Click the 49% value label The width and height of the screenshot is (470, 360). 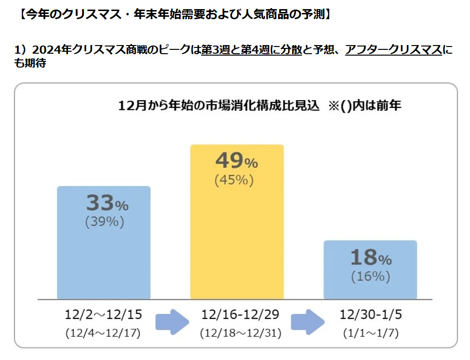pyautogui.click(x=237, y=162)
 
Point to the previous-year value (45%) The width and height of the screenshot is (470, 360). pyautogui.click(x=234, y=180)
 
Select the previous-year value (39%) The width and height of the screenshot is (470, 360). pyautogui.click(x=104, y=222)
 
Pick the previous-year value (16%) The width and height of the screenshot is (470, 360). pyautogui.click(x=370, y=277)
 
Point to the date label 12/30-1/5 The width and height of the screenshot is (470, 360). pyautogui.click(x=369, y=315)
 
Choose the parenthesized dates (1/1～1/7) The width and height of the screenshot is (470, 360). pyautogui.click(x=369, y=333)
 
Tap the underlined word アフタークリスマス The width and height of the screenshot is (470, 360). pyautogui.click(x=393, y=49)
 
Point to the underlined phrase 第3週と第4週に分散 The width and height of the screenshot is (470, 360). pyautogui.click(x=251, y=49)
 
